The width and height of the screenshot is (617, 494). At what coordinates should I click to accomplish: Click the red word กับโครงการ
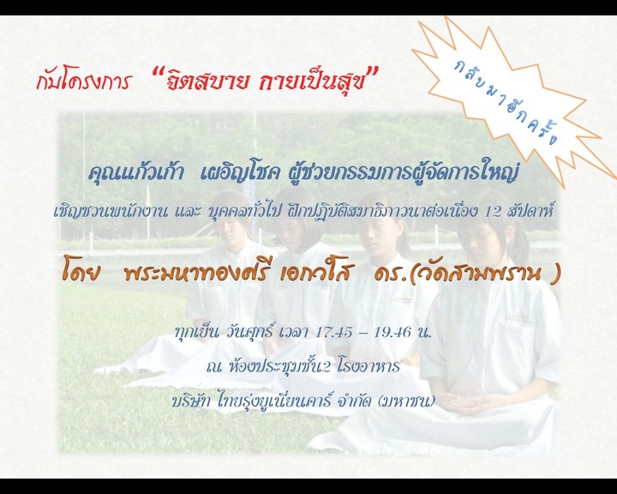pos(83,81)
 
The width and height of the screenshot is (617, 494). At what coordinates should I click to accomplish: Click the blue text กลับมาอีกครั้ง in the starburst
pos(506,102)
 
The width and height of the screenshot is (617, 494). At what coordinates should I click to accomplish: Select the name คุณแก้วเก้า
pos(135,174)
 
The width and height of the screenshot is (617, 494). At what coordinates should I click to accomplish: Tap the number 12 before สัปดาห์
pos(493,212)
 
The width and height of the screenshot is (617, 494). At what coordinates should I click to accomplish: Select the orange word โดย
pos(81,273)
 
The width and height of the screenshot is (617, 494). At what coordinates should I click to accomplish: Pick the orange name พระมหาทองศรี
pos(196,273)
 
